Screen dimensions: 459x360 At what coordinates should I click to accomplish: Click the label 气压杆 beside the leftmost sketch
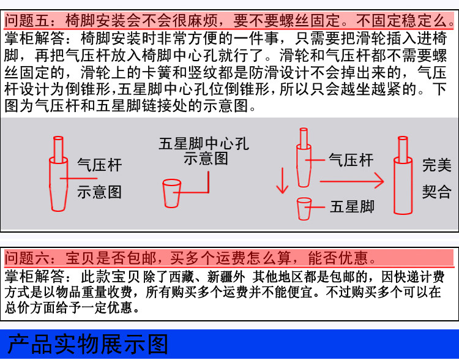click(100, 165)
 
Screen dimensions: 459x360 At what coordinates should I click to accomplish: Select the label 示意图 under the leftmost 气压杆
click(99, 192)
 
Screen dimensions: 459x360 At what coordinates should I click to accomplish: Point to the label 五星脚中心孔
click(195, 145)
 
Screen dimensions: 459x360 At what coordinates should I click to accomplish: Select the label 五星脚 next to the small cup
click(352, 207)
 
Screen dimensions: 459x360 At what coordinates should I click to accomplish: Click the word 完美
click(437, 165)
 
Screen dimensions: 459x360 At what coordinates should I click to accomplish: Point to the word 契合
click(437, 192)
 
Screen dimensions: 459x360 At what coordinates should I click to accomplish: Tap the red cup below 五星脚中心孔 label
click(172, 193)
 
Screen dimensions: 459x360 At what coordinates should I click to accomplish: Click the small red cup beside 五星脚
click(304, 209)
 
